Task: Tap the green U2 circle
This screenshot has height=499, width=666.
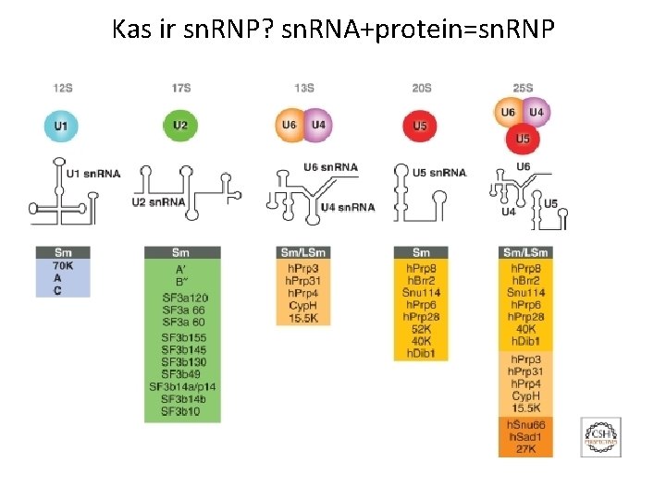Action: [180, 124]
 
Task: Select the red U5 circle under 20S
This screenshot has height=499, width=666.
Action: [421, 125]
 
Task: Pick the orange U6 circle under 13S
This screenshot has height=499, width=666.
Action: [289, 124]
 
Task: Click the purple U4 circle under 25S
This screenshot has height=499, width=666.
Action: [537, 113]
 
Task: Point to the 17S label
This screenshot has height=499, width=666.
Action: [181, 89]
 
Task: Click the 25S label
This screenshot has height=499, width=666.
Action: [524, 89]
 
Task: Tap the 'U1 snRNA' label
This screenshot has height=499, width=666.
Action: [93, 173]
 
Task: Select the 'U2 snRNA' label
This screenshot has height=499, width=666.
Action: [158, 201]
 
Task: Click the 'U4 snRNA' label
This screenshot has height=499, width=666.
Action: [347, 207]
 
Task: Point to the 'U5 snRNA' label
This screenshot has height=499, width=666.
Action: [439, 173]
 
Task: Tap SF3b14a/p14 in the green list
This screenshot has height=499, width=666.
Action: [183, 386]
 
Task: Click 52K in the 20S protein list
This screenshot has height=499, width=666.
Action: [421, 329]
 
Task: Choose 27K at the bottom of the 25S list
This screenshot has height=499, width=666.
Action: [525, 449]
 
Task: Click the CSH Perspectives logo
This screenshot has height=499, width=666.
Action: [599, 435]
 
